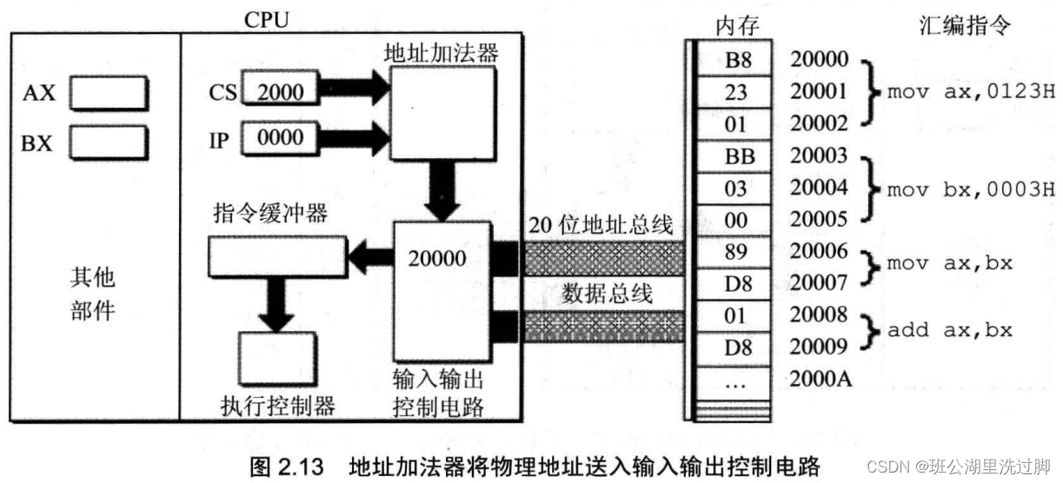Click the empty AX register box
tap(108, 94)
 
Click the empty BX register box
tap(108, 142)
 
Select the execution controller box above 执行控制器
tap(276, 359)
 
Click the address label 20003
tap(818, 156)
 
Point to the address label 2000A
tap(819, 379)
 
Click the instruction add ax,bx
tap(949, 330)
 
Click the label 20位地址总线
tap(601, 227)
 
